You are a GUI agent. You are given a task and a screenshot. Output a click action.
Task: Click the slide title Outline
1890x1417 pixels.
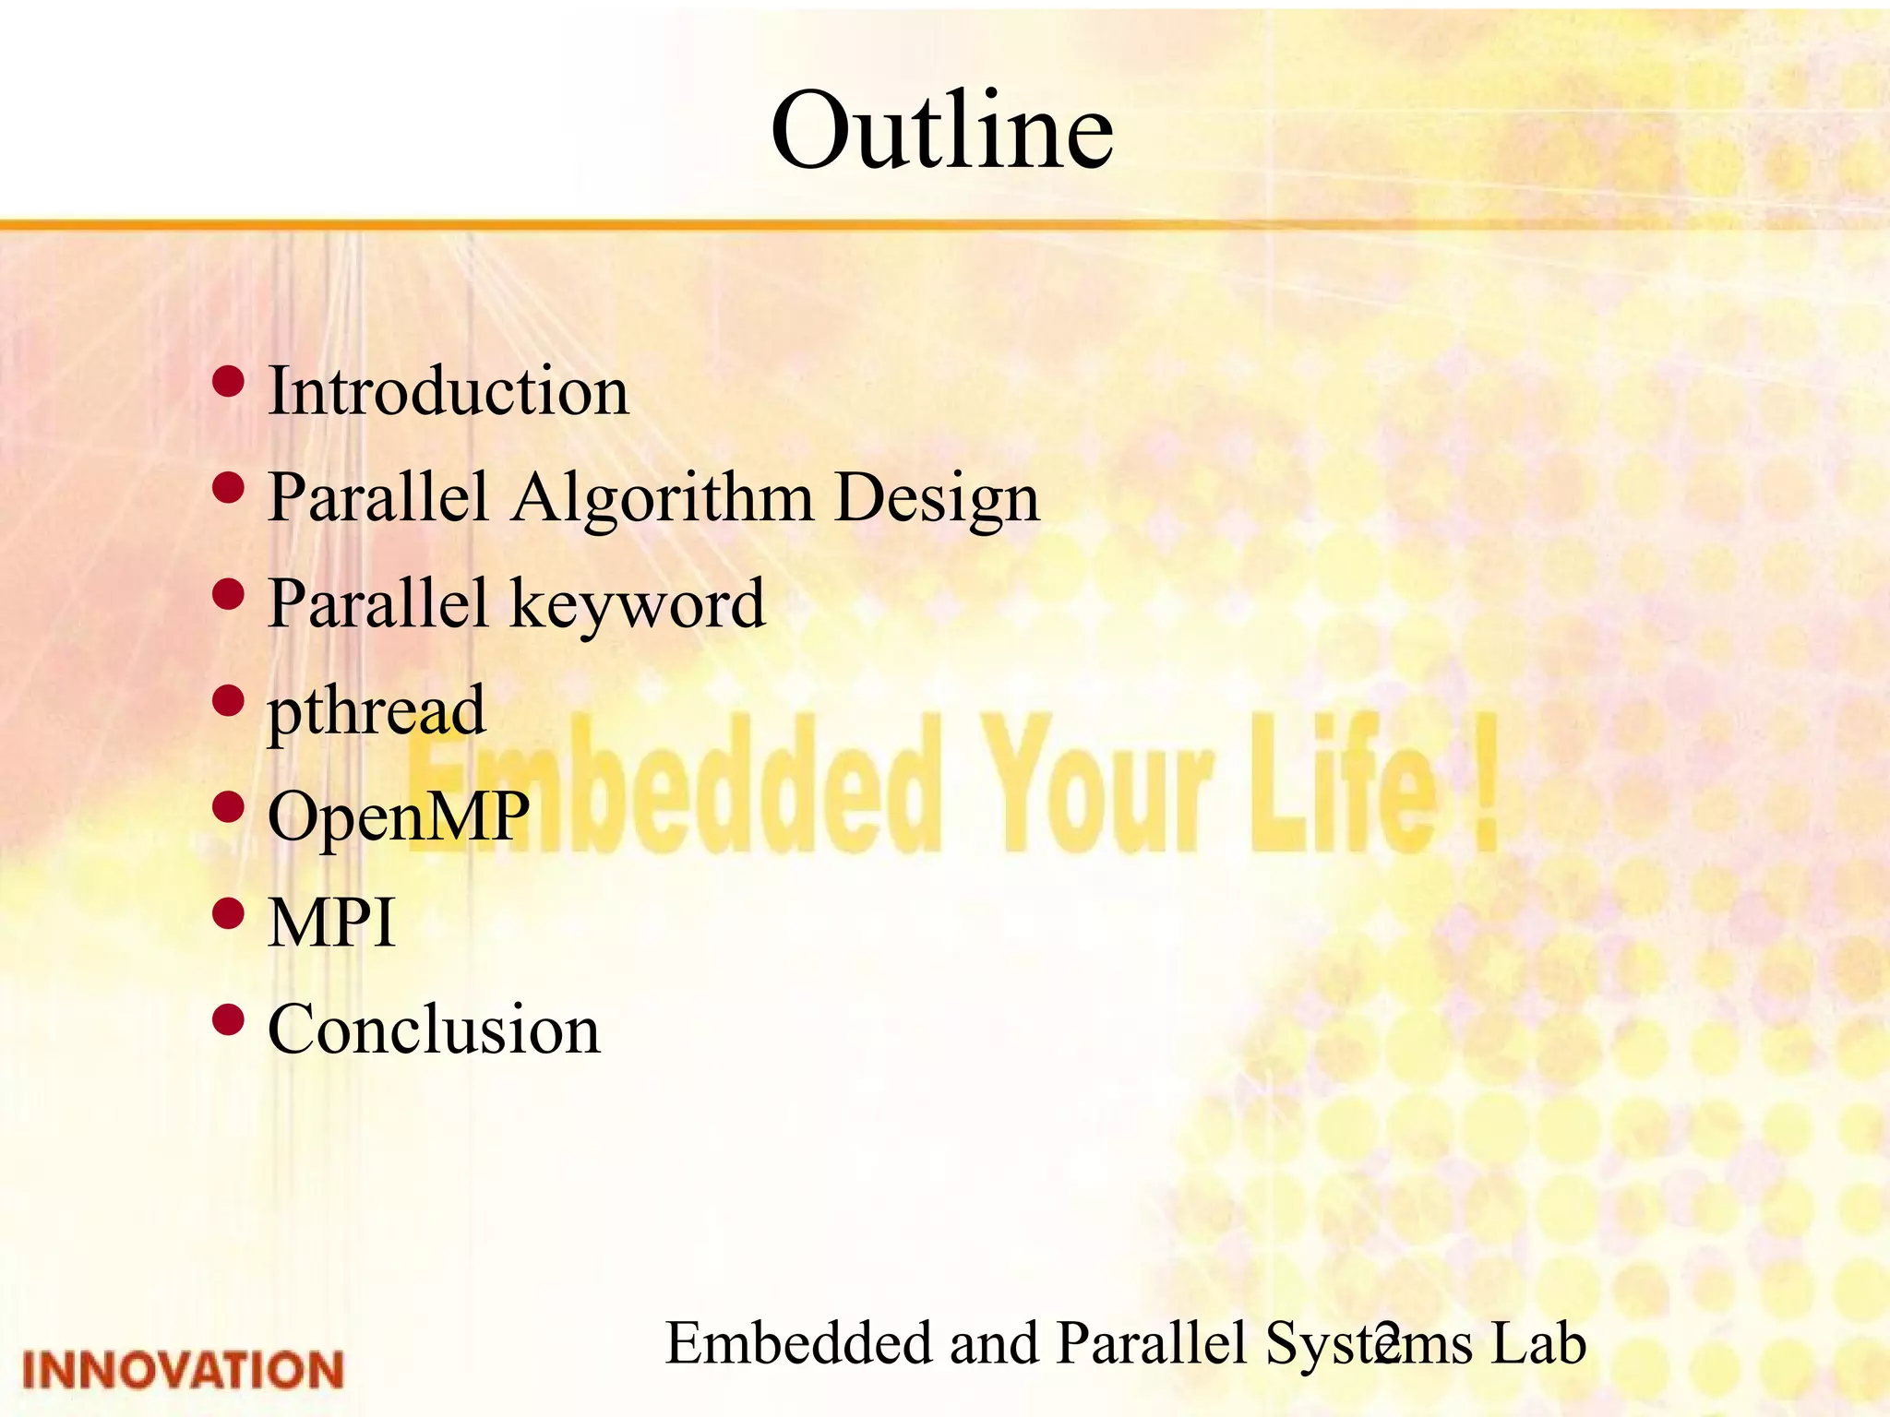(942, 131)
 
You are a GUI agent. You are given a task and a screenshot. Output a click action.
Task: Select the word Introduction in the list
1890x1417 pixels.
(448, 391)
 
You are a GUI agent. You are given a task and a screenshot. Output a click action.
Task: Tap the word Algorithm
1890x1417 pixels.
(662, 498)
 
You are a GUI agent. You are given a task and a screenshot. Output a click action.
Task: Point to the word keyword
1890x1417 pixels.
(637, 605)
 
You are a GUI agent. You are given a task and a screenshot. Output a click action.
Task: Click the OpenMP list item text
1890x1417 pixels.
(398, 817)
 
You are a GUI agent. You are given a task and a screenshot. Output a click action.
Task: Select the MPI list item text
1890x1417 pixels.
(330, 923)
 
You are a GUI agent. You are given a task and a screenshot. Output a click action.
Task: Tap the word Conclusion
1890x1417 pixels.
(433, 1030)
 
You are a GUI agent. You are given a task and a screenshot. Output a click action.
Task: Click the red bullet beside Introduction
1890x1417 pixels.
(228, 380)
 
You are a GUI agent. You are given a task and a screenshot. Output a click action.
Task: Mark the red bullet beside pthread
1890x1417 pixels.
(228, 701)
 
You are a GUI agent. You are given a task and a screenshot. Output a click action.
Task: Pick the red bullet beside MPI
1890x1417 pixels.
(228, 913)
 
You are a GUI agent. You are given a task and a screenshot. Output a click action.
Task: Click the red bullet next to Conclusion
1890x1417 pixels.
(228, 1019)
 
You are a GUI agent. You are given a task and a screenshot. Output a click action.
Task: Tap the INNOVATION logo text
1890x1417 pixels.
(183, 1370)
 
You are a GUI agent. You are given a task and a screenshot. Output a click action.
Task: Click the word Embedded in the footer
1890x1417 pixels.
(798, 1343)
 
